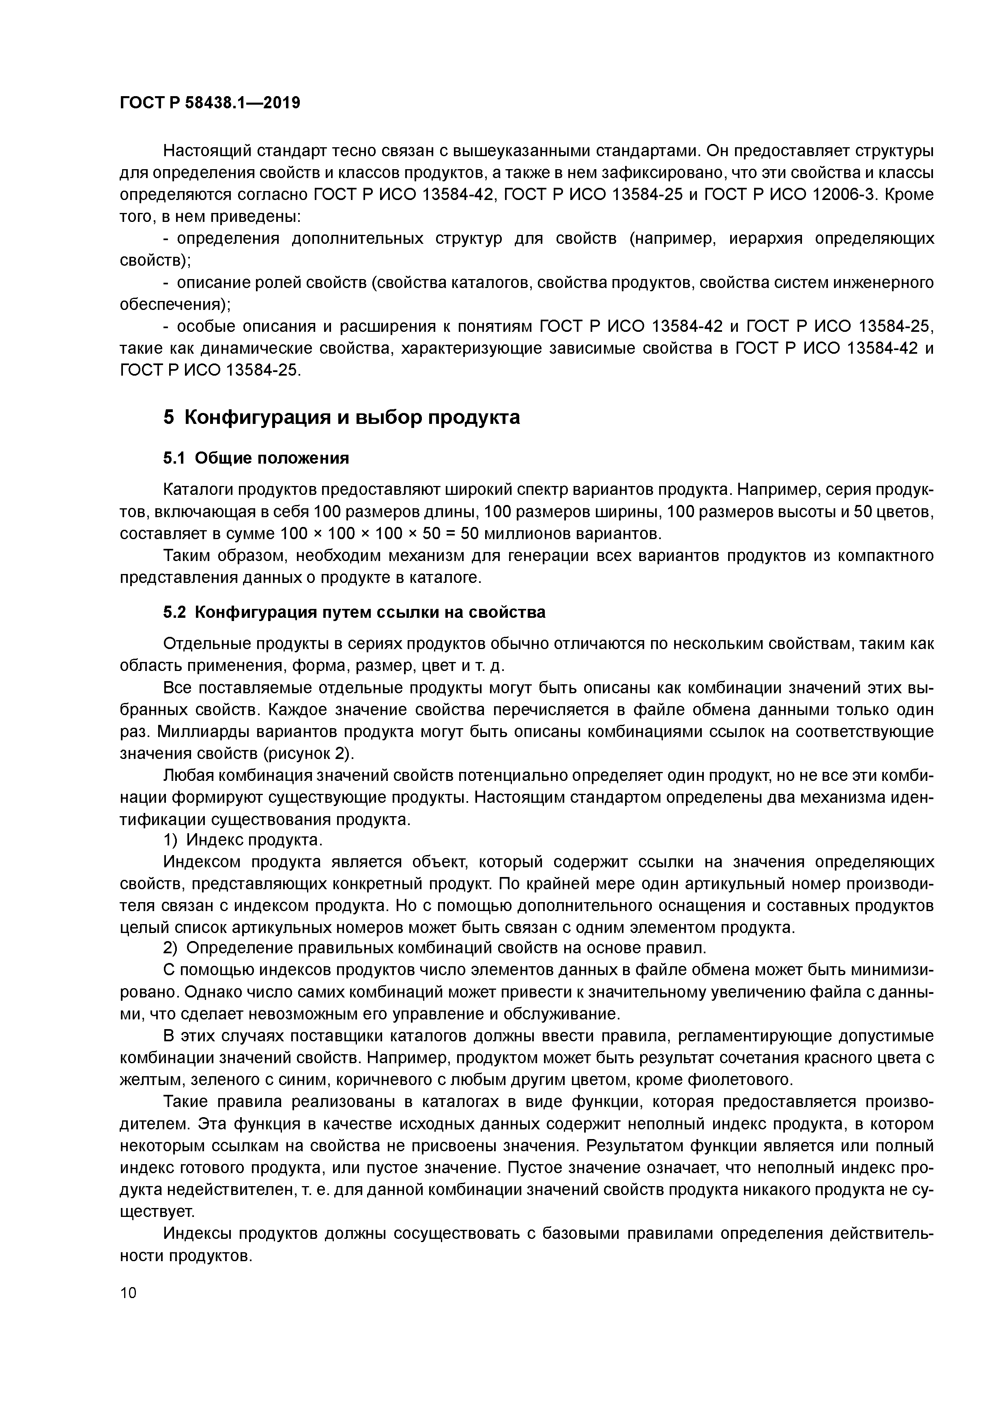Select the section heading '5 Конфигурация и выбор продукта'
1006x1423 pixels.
pyautogui.click(x=342, y=418)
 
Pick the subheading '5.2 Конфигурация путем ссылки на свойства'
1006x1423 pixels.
pyautogui.click(x=354, y=613)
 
